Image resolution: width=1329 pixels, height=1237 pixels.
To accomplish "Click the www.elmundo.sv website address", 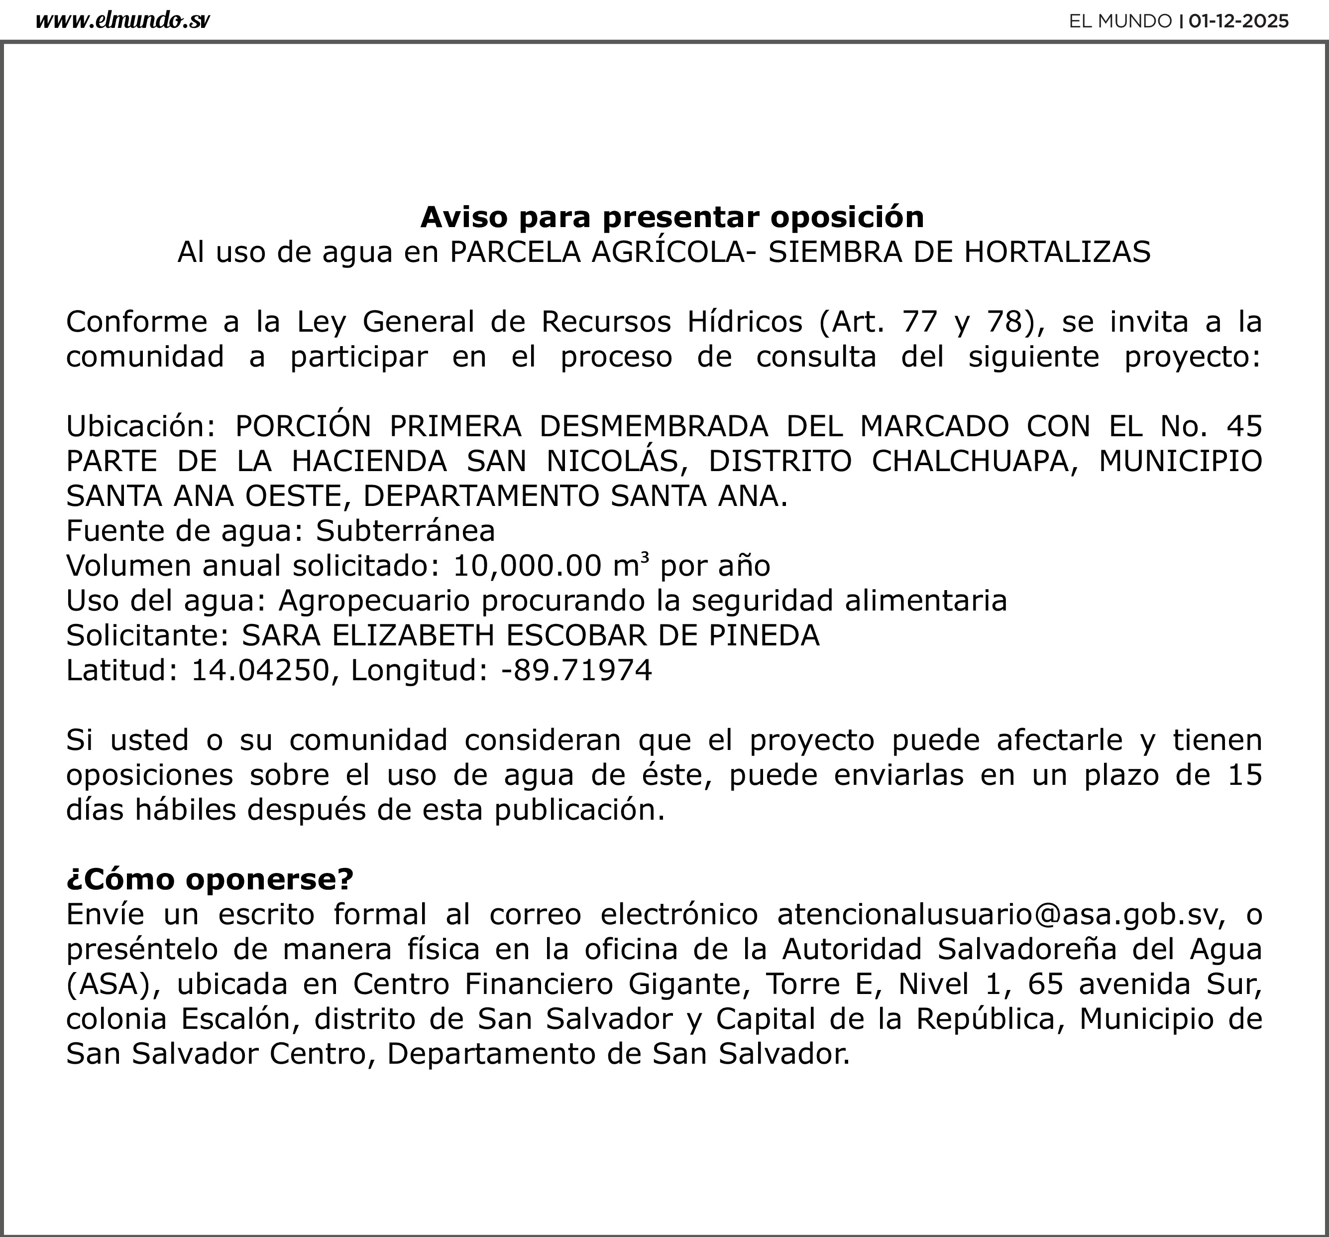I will point(122,21).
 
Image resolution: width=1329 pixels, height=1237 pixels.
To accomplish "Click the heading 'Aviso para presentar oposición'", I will point(672,217).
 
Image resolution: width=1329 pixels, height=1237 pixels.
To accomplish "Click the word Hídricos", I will point(745,322).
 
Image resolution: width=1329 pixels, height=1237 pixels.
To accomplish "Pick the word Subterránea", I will point(405,531).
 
